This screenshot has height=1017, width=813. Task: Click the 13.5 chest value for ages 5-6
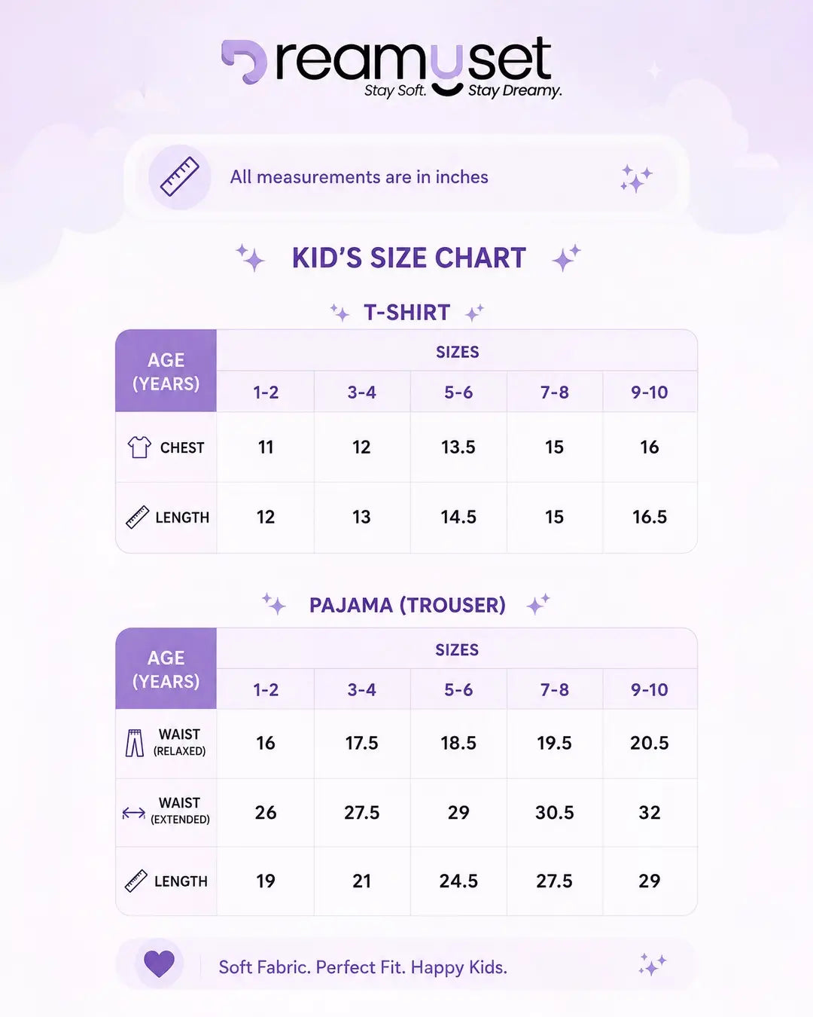pos(458,447)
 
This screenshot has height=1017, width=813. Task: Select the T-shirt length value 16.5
pos(650,517)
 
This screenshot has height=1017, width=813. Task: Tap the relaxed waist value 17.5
pos(361,743)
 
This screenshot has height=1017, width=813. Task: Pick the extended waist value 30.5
pos(554,812)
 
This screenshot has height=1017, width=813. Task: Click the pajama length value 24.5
pos(458,881)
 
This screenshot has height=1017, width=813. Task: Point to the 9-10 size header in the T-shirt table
pos(650,392)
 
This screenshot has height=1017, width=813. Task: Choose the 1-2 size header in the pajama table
pos(266,690)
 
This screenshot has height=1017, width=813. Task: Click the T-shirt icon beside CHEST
pos(139,447)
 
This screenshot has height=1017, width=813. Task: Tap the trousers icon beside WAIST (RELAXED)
pos(135,743)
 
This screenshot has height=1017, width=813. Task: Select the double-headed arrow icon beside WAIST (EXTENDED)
pos(134,813)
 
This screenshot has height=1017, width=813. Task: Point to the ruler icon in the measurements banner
pos(179,176)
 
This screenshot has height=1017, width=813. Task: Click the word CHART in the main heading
pos(480,258)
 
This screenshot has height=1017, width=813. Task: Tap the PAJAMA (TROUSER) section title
pos(407,605)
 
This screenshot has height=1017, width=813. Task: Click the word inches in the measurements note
pos(461,177)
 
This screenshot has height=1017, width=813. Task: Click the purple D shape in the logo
pos(244,60)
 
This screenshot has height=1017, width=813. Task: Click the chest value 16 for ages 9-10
pos(650,447)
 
